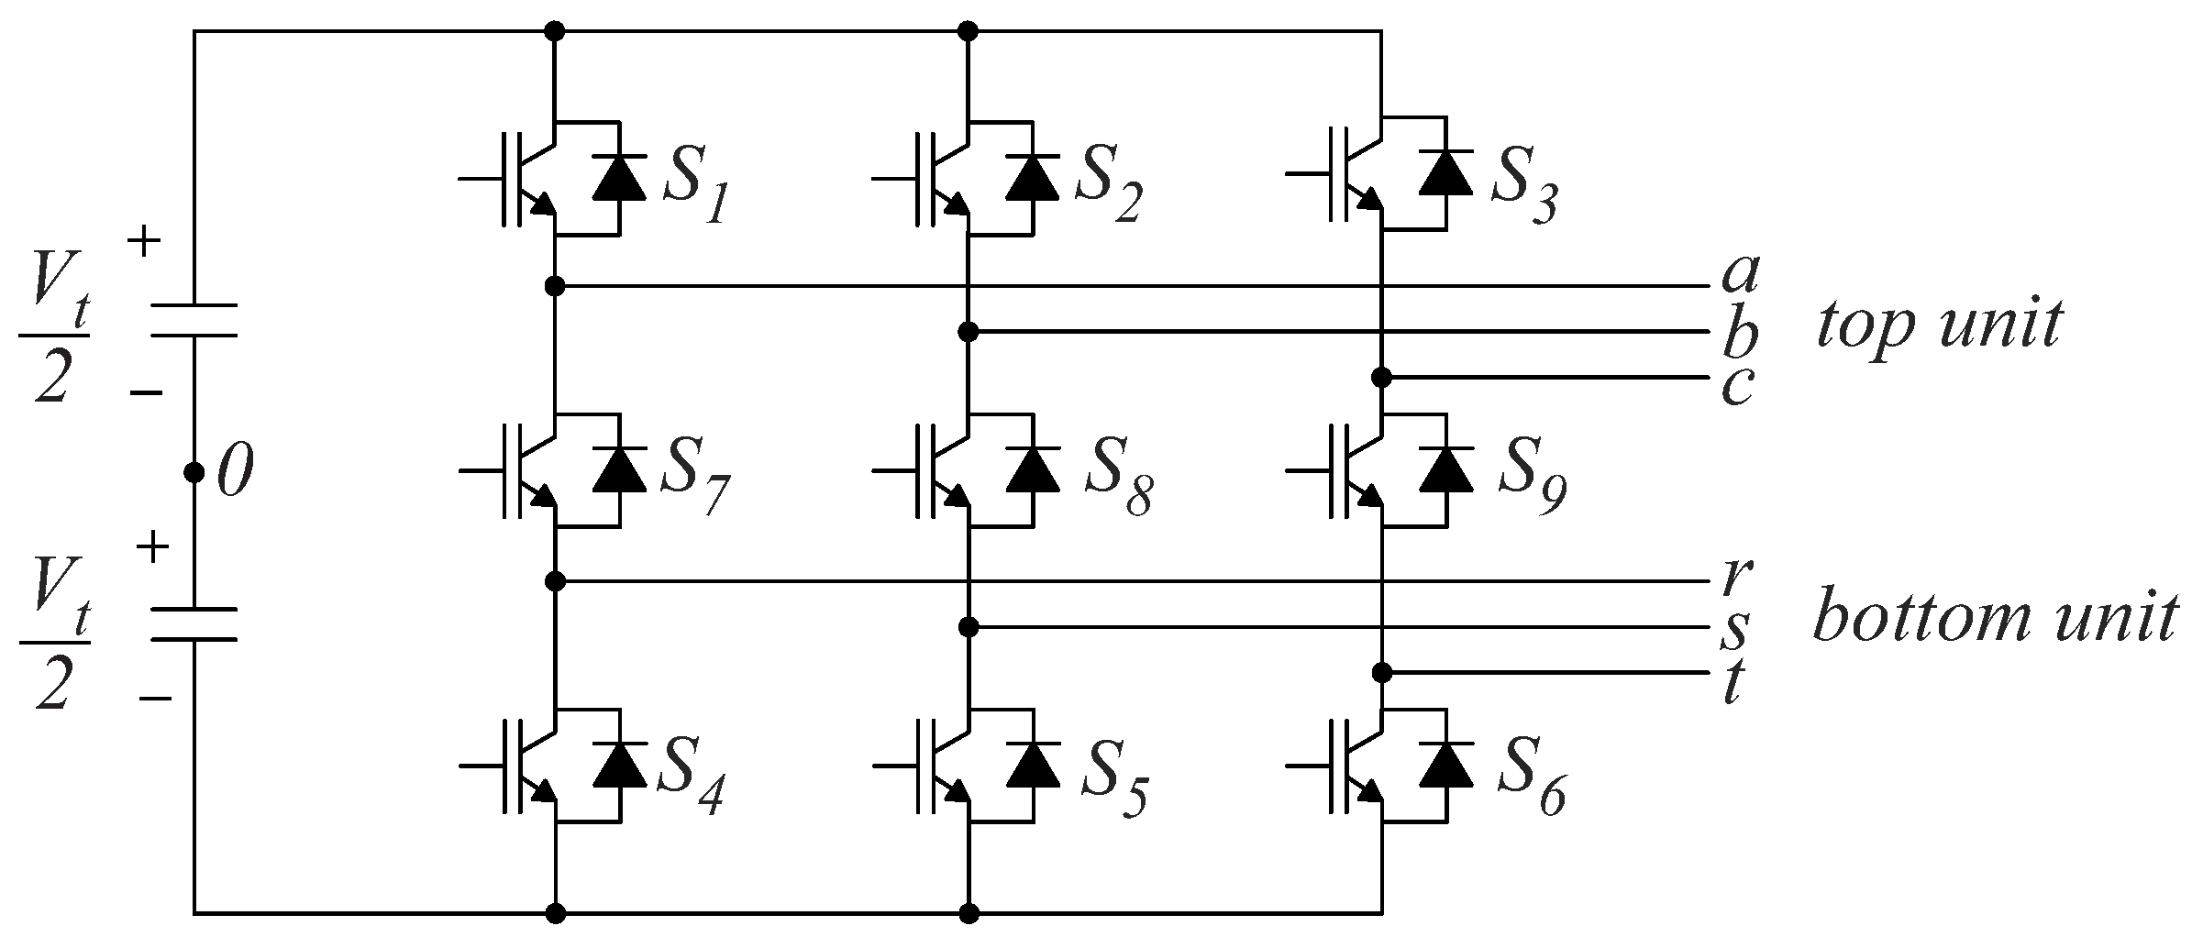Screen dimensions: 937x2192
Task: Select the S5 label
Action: click(x=1113, y=788)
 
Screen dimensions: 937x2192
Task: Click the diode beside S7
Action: click(x=620, y=470)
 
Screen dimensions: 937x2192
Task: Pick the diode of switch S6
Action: click(x=1445, y=766)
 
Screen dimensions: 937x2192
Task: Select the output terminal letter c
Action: click(x=1737, y=386)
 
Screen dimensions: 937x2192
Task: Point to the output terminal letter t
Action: click(x=1733, y=685)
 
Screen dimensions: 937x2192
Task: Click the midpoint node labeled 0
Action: click(x=194, y=472)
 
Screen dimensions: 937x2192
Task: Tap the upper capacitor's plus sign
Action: click(x=144, y=243)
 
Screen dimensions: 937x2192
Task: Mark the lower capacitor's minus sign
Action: click(x=155, y=700)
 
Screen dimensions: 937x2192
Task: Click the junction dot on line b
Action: click(x=969, y=331)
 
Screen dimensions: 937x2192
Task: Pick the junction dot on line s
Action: click(x=969, y=627)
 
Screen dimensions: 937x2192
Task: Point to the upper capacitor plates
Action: click(x=194, y=319)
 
